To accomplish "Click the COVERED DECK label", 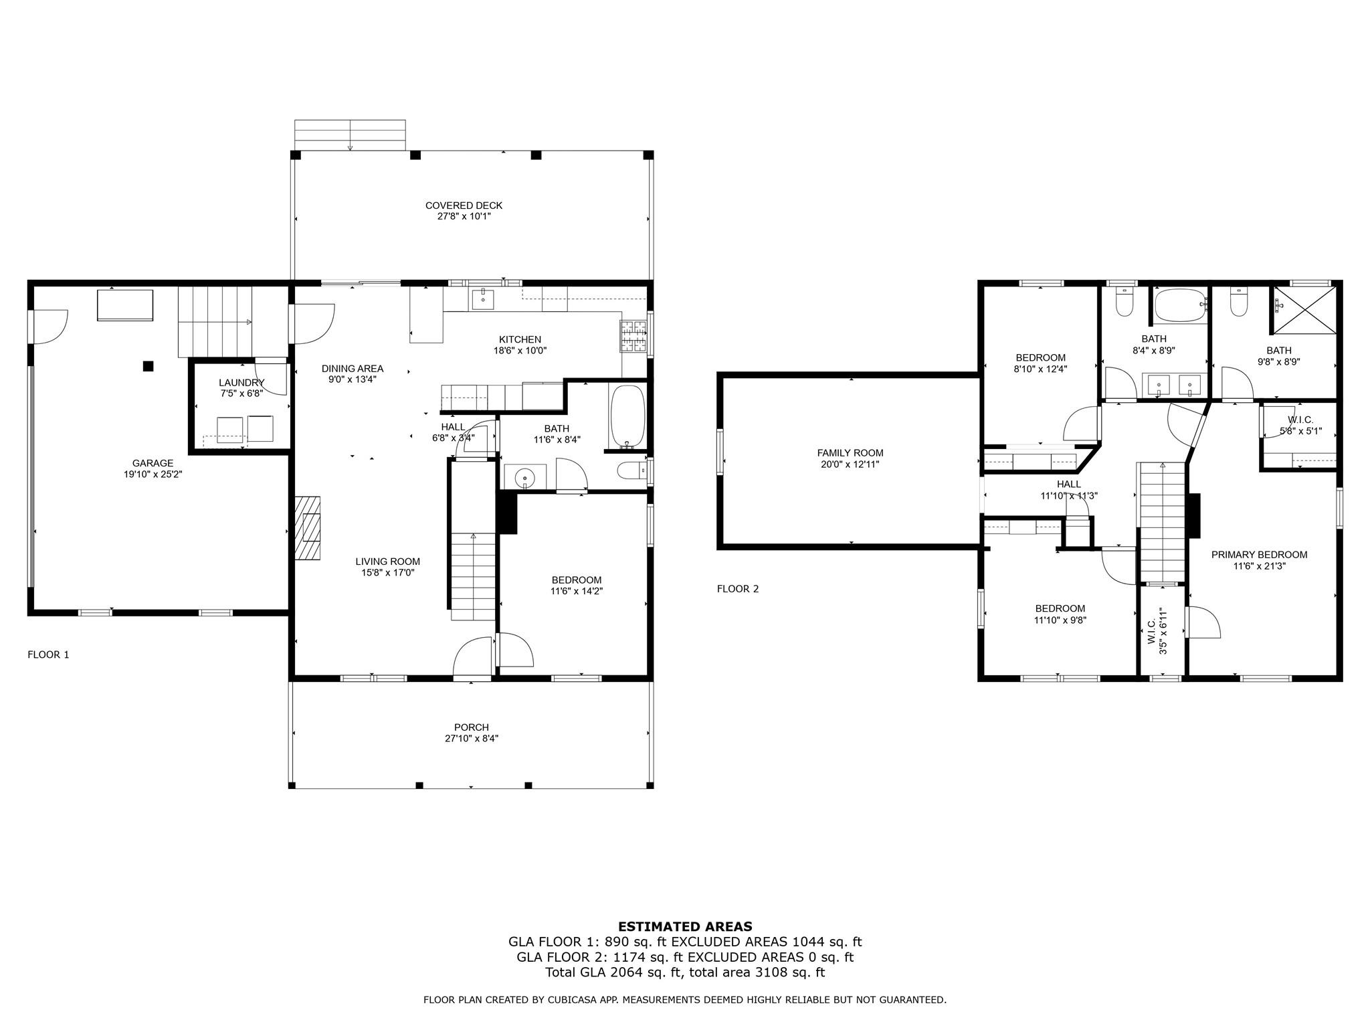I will click(464, 205).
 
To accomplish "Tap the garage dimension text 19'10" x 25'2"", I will click(153, 475).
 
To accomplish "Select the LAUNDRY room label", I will click(241, 382).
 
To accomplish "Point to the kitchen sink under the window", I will click(483, 301).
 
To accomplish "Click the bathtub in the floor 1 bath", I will click(627, 416).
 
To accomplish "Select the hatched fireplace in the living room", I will click(308, 527).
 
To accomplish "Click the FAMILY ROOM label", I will click(850, 453).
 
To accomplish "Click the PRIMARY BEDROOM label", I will click(1259, 555).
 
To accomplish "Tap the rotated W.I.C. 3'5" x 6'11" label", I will click(1157, 631).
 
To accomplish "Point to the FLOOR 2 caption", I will click(738, 589).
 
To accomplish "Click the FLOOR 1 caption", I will click(48, 655).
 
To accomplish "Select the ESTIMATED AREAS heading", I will click(684, 927).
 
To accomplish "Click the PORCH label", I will click(471, 727).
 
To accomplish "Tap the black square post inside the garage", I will click(149, 366).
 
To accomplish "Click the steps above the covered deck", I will click(350, 135).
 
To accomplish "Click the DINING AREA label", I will click(353, 369).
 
